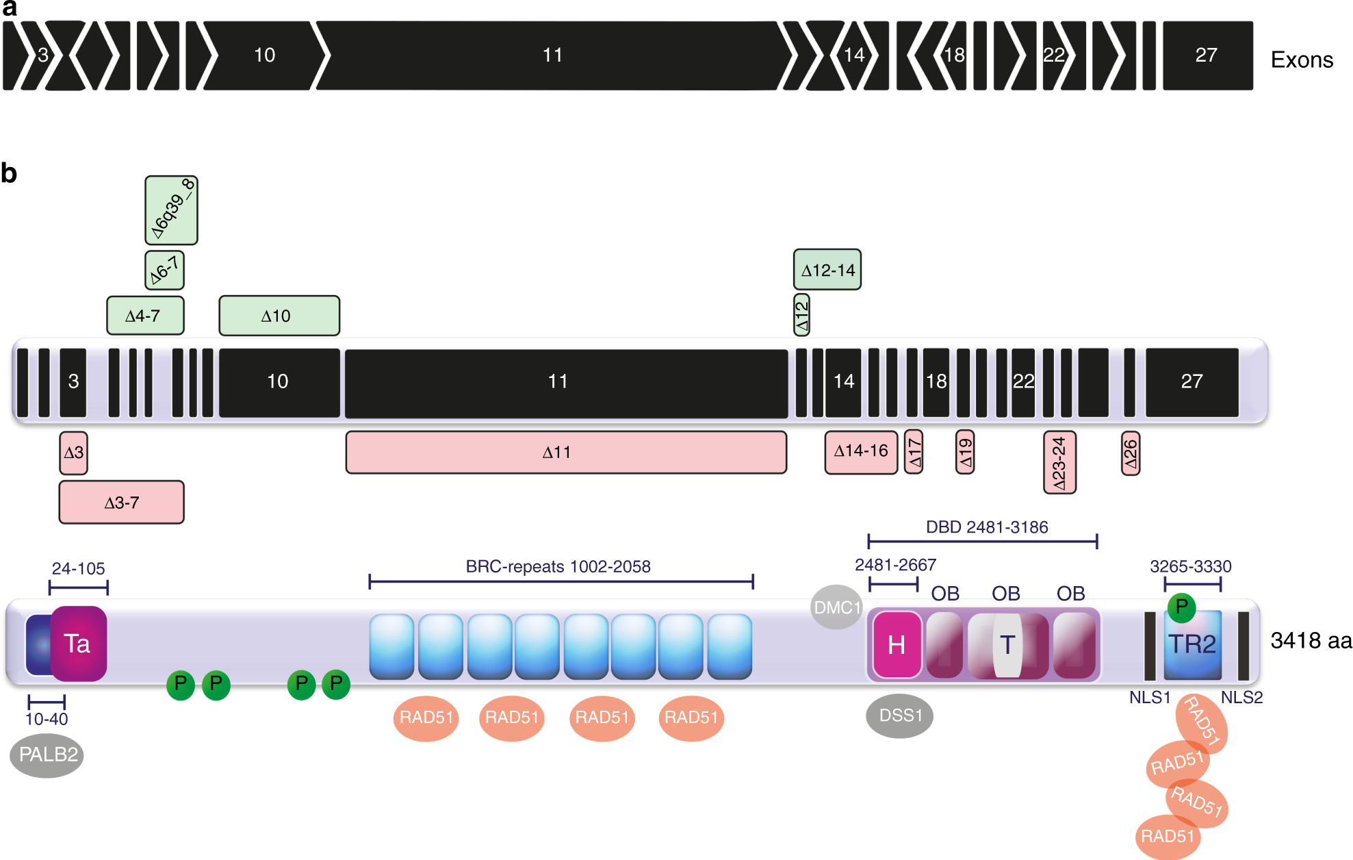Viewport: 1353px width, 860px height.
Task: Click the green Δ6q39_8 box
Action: pos(171,210)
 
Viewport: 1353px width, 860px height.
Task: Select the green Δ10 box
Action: pos(279,316)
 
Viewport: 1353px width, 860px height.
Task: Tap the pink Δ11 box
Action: pos(566,452)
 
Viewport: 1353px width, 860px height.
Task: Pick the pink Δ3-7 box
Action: pos(121,503)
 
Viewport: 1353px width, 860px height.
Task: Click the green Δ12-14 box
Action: pos(827,270)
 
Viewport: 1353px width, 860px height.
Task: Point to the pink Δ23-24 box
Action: pos(1059,462)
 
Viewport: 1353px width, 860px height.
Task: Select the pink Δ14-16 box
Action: pos(861,452)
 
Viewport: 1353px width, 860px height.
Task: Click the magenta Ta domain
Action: pos(78,644)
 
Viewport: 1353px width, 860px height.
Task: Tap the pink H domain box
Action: pos(897,645)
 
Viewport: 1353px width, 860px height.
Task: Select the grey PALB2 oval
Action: pos(47,755)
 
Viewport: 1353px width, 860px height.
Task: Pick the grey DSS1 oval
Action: pos(899,716)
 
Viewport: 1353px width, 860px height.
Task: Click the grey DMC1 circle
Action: pos(836,607)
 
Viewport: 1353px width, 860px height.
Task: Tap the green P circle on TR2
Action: pos(1181,607)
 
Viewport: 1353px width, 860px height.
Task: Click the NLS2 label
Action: pos(1241,697)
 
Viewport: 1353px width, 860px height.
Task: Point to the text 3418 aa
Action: pos(1311,641)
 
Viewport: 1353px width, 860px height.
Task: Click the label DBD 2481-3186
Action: pos(986,527)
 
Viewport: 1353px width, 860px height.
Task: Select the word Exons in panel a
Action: pos(1301,60)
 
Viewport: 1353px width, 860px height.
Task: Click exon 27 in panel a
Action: pos(1207,55)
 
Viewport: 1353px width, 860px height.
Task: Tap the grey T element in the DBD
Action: pos(1007,645)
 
